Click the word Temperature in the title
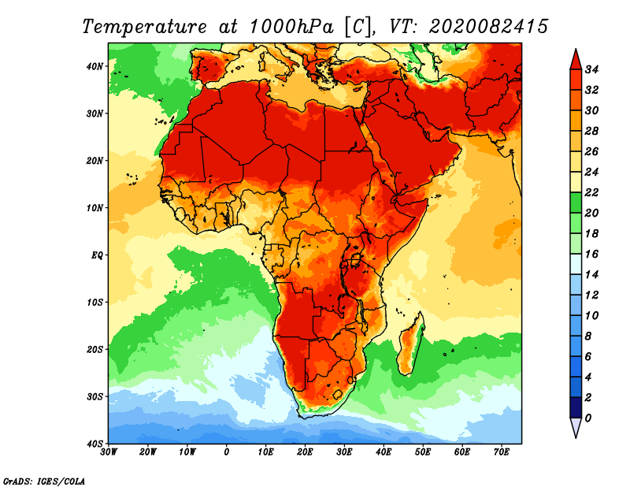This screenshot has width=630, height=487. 145,27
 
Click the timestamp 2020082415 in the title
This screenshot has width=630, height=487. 488,27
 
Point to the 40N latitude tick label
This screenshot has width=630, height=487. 94,66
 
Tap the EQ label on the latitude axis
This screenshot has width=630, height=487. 97,255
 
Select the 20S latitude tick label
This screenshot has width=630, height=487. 94,349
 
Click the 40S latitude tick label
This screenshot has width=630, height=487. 94,444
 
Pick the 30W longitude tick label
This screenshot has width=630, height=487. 109,452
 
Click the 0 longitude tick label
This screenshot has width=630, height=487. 227,452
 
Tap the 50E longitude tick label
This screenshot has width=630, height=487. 423,452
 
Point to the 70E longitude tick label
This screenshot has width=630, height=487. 501,452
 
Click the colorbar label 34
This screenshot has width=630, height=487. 591,69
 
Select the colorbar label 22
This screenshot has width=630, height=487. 591,192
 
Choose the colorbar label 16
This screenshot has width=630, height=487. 591,255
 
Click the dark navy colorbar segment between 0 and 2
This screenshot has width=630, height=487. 576,407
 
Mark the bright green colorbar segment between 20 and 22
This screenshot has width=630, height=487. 576,203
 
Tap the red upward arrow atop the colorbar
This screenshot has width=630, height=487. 576,61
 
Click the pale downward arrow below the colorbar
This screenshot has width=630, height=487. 576,426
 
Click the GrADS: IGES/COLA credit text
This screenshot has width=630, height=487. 44,481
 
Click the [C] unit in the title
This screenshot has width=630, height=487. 358,27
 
